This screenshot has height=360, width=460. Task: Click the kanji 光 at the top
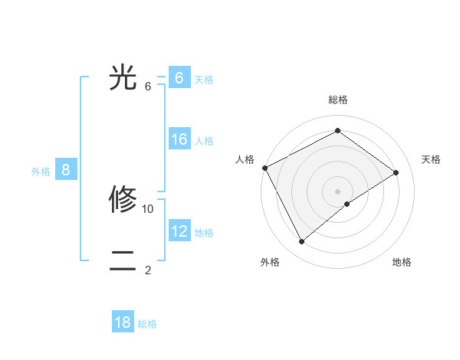[x=123, y=77]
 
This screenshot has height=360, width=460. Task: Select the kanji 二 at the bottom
[x=123, y=261]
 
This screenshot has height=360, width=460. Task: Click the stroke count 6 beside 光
[x=148, y=86]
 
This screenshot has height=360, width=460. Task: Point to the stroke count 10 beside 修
[x=148, y=208]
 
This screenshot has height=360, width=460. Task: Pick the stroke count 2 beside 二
[x=148, y=270]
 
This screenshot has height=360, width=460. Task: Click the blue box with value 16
[x=179, y=139]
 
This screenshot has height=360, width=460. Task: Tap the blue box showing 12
[x=179, y=231]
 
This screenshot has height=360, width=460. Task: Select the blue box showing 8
[x=66, y=170]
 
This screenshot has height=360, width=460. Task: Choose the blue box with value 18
[x=123, y=322]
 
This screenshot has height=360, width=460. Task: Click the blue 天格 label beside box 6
[x=204, y=79]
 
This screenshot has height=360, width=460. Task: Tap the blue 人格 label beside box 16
[x=204, y=140]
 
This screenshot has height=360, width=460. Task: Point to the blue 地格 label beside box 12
[x=204, y=232]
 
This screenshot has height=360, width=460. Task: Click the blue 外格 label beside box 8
[x=41, y=172]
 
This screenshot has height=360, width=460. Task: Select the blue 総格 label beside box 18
[x=147, y=324]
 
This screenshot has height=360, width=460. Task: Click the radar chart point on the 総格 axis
[x=337, y=130]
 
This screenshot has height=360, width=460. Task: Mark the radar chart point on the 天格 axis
[x=396, y=172]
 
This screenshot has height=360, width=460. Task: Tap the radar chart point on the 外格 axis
[x=301, y=242]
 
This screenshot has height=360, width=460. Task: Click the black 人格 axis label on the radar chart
[x=245, y=159]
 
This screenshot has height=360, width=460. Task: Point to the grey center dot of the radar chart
[x=337, y=191]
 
